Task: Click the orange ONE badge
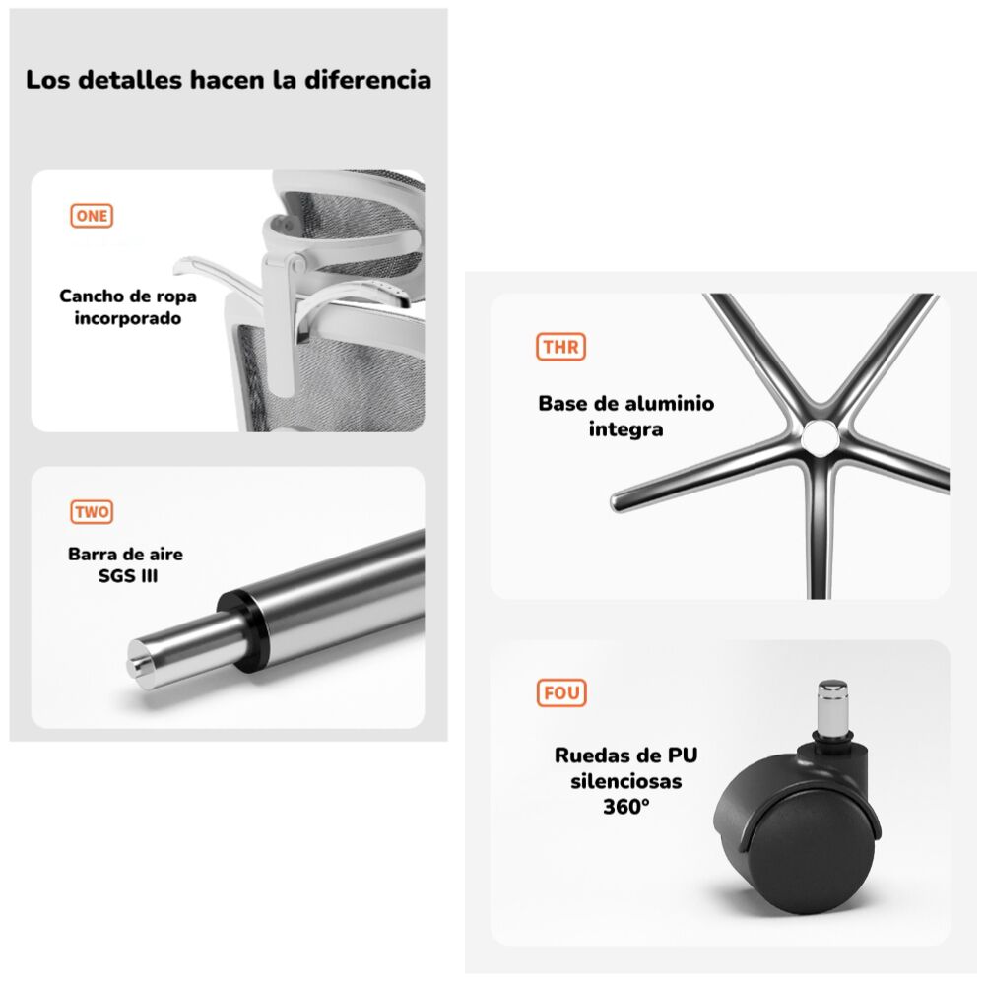point(92,217)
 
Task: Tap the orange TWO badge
point(92,512)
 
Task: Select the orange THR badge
point(560,347)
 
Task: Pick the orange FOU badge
point(561,692)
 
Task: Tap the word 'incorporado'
point(128,319)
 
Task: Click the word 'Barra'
point(91,554)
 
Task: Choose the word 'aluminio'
point(665,404)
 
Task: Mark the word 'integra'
point(626,429)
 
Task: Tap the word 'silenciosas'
point(626,781)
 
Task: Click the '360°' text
point(626,806)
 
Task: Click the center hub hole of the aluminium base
point(817,436)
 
